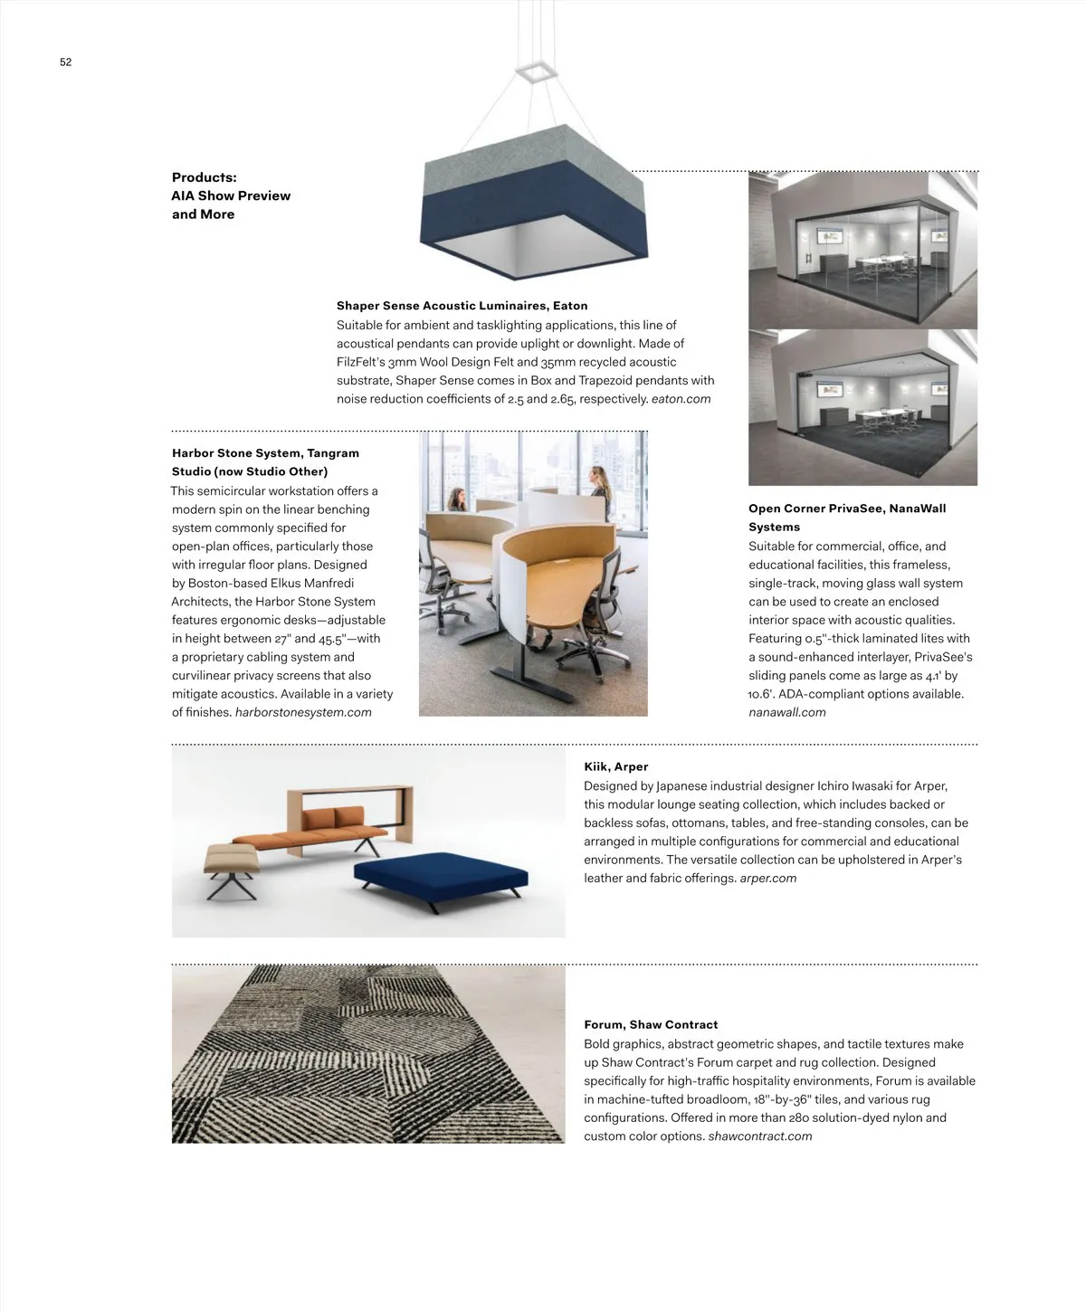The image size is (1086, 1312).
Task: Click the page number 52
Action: [x=65, y=62]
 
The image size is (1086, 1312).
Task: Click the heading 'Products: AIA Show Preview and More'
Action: [x=231, y=195]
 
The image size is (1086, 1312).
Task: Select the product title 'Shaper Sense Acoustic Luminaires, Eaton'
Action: [x=462, y=306]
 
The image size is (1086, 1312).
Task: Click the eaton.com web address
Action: [x=681, y=399]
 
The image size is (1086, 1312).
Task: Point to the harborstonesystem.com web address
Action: [x=303, y=713]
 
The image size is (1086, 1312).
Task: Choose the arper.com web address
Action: [x=767, y=879]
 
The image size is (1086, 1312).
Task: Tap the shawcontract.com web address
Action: [x=759, y=1136]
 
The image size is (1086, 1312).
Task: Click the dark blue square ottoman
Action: [x=440, y=870]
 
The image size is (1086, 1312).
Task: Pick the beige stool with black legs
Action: [x=232, y=860]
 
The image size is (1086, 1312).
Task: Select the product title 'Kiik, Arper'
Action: [x=615, y=767]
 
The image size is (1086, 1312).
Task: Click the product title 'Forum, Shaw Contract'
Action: [x=651, y=1025]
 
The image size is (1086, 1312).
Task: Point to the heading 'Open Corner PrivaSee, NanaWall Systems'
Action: [x=846, y=518]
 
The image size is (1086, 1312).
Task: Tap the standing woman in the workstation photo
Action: [x=598, y=483]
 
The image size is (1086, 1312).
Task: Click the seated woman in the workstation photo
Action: [x=460, y=500]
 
